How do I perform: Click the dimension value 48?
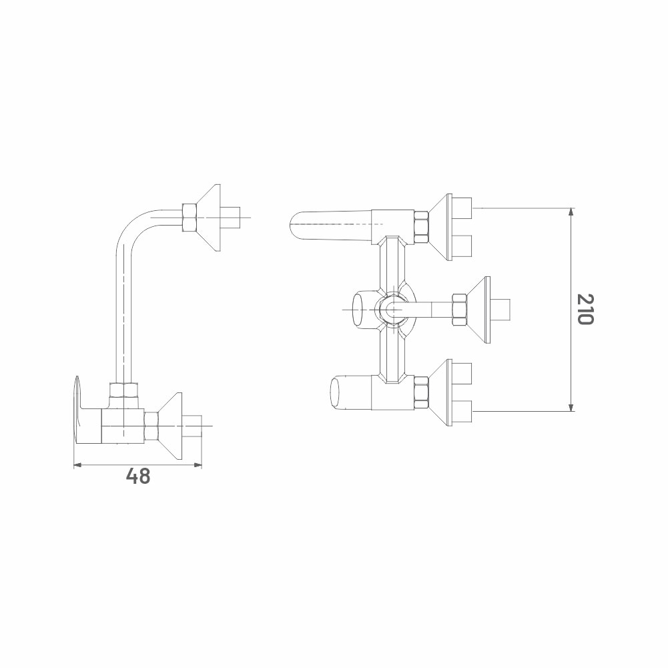[x=138, y=476]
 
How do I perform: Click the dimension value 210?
[x=585, y=309]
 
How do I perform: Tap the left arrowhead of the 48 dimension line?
[x=77, y=464]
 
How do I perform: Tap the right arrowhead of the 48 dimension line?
[x=198, y=464]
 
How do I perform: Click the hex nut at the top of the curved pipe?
[x=189, y=218]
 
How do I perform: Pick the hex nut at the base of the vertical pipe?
[x=124, y=390]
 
